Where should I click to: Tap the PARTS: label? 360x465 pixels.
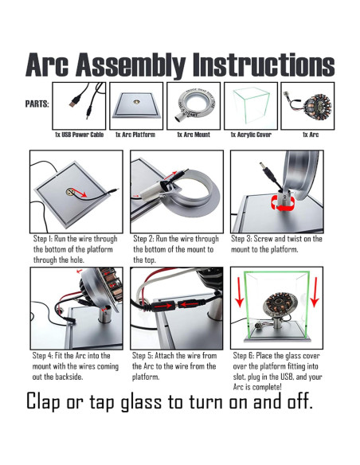click(x=37, y=104)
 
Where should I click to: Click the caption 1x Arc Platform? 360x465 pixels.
click(x=135, y=135)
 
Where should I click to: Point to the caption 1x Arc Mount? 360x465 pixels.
click(x=194, y=135)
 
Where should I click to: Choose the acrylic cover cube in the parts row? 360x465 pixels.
click(x=252, y=105)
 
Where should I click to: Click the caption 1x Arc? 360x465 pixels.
click(x=311, y=135)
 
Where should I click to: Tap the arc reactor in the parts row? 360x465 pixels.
click(x=317, y=107)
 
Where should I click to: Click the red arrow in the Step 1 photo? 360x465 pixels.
click(x=79, y=193)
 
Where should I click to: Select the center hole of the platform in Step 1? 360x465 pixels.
click(x=70, y=192)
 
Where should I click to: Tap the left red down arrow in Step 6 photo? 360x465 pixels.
click(x=240, y=292)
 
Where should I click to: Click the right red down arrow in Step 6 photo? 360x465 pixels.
click(x=315, y=292)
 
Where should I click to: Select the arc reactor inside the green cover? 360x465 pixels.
click(x=279, y=306)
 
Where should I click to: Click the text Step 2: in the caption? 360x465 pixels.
click(x=143, y=239)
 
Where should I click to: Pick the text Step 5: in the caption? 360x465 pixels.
click(x=143, y=356)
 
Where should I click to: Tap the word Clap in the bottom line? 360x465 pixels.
click(x=44, y=402)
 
